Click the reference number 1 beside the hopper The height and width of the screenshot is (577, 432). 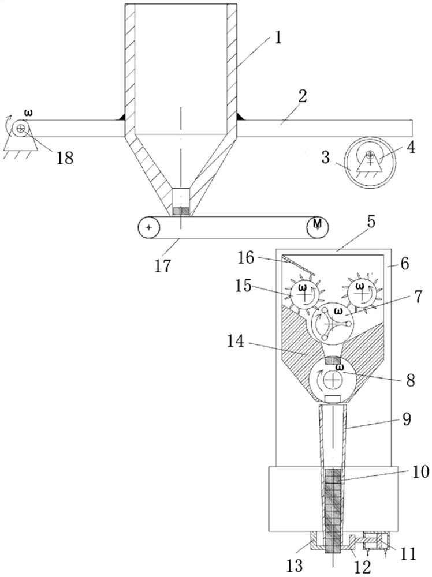[x=278, y=37]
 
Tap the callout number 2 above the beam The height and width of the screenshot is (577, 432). [x=303, y=96]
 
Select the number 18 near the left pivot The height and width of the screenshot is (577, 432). [x=65, y=158]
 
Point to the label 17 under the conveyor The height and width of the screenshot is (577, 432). [x=163, y=265]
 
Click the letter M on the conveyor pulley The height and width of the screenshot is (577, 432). [x=318, y=223]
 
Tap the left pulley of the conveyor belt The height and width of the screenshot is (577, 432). [x=149, y=228]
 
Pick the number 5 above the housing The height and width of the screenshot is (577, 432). [x=371, y=222]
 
